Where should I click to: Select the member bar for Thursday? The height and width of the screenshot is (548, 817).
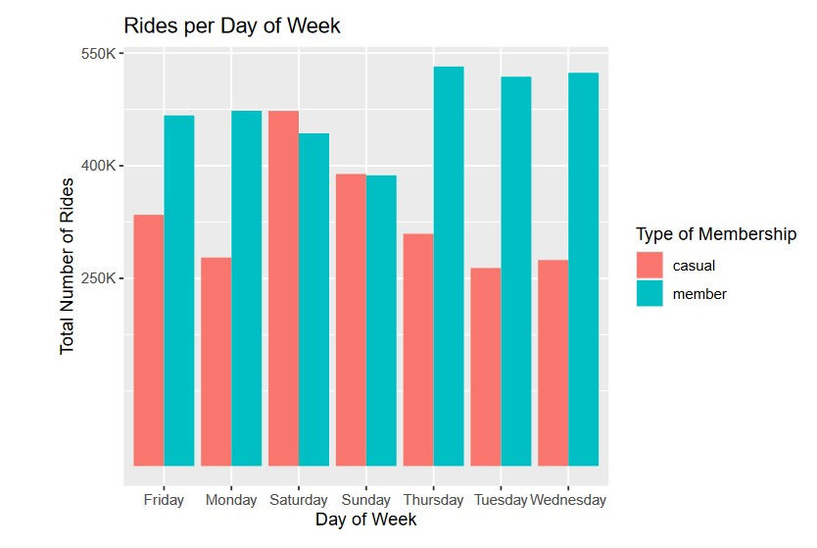tap(449, 266)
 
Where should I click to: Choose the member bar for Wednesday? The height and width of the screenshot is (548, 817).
tap(583, 269)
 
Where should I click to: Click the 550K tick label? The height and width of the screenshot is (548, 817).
tap(98, 53)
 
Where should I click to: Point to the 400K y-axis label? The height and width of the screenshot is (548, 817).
tap(98, 166)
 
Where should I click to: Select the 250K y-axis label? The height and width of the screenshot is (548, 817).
tap(98, 278)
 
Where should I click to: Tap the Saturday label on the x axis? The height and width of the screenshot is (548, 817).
tap(299, 500)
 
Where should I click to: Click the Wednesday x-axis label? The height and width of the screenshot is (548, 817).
tap(568, 500)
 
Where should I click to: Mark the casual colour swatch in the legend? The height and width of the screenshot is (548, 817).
tap(649, 265)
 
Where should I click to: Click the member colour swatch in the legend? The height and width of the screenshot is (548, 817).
tap(649, 293)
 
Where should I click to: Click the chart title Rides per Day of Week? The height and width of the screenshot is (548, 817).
tap(232, 26)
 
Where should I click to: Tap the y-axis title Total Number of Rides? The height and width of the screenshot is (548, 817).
tap(68, 266)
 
